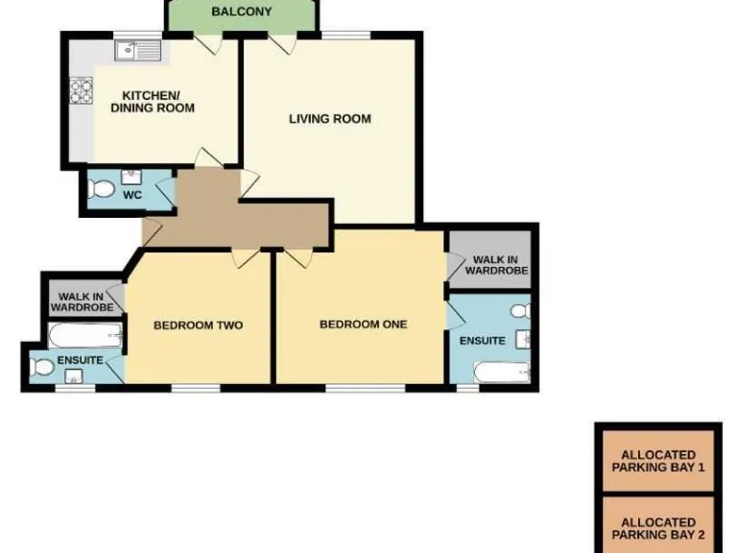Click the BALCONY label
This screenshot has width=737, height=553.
click(241, 12)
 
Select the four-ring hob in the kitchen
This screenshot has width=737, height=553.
click(82, 91)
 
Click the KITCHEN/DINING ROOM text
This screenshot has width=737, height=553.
click(152, 102)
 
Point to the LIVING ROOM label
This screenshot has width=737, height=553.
click(329, 119)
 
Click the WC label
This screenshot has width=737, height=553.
click(132, 194)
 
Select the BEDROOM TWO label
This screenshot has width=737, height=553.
click(198, 325)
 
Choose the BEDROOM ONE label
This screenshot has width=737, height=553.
click(363, 325)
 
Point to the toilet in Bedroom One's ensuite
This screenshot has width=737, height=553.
click(519, 311)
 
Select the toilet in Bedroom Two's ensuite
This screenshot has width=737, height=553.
click(43, 367)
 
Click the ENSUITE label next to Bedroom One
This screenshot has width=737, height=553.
click(482, 341)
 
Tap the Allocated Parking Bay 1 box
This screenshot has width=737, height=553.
click(657, 462)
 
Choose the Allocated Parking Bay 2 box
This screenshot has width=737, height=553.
click(657, 527)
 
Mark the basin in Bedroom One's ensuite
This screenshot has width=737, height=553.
click(524, 339)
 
